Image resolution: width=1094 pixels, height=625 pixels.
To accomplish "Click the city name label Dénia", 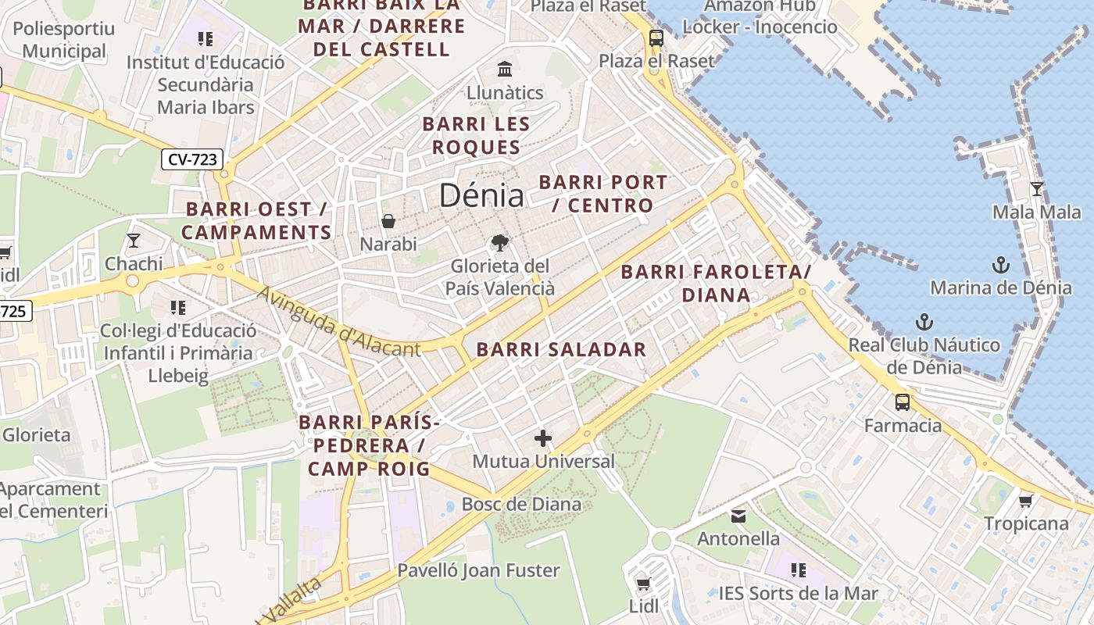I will click(481, 195).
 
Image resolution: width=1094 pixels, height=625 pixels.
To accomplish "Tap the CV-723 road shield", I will click(192, 159).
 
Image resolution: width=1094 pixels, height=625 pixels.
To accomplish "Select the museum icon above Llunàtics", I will click(505, 69).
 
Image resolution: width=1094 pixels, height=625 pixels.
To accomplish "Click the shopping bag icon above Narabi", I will click(388, 221).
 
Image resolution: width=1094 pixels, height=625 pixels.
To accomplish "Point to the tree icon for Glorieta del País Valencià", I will click(499, 243).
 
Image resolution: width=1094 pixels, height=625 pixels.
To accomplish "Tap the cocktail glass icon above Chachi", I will click(134, 240).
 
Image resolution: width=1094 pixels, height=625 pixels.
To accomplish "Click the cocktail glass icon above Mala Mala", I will click(1036, 188).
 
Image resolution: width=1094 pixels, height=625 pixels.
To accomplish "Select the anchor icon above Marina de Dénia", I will click(1000, 265).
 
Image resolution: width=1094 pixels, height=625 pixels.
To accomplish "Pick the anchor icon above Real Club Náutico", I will click(924, 322).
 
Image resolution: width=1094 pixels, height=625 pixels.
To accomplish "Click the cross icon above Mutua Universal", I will click(543, 438).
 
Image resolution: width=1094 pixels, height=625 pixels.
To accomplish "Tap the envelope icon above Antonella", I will click(738, 516).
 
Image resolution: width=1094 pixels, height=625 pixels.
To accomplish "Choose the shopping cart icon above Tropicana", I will click(1025, 500).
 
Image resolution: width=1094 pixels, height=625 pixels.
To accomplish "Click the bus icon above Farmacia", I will click(903, 402).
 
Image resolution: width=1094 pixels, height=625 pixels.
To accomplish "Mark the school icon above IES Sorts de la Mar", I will click(798, 570).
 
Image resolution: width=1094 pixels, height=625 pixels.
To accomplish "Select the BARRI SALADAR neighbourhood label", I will click(561, 350).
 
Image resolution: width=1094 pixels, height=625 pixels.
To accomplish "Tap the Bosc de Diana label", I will click(521, 504).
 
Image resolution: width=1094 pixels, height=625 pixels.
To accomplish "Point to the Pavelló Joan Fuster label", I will click(478, 570).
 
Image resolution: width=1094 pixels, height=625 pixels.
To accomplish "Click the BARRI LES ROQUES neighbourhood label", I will click(476, 135).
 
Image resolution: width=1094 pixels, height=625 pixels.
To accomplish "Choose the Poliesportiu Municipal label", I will click(63, 40).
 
